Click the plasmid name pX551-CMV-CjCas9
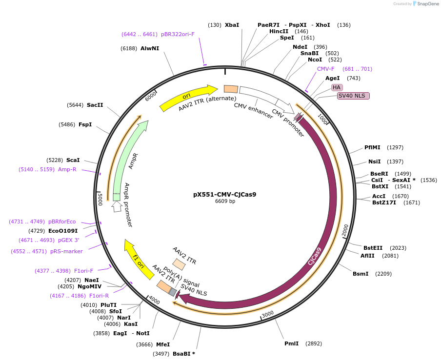(224, 194)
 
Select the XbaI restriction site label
(232, 25)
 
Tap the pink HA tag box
(337, 87)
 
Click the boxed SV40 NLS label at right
(353, 96)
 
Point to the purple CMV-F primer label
(326, 69)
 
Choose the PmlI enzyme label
(291, 343)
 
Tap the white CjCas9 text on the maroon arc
(315, 256)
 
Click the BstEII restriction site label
(373, 248)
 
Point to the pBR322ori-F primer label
(178, 34)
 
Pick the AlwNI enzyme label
(150, 48)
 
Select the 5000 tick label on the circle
(100, 199)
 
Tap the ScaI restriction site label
(73, 160)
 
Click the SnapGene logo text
(426, 4)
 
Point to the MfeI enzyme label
(163, 344)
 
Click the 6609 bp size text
(225, 201)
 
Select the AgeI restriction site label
(332, 78)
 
